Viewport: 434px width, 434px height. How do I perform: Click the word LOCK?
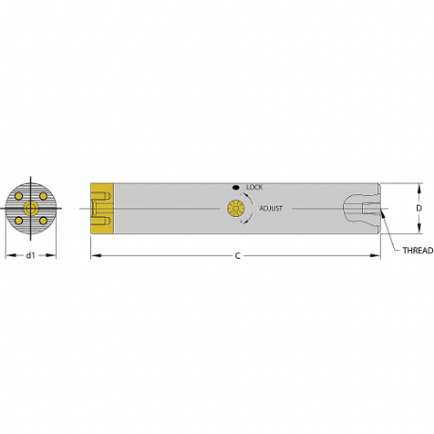[254, 187]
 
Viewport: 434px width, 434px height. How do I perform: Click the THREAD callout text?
[418, 250]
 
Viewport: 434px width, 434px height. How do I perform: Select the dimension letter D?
[418, 208]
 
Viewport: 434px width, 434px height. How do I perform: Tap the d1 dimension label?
[30, 256]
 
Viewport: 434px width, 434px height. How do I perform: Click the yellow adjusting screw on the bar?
[234, 208]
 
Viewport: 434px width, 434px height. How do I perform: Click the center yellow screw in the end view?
[31, 208]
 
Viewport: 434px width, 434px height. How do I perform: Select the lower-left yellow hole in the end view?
[20, 220]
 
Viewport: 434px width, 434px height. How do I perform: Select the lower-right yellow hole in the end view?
[43, 220]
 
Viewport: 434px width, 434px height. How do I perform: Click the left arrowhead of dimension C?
[94, 256]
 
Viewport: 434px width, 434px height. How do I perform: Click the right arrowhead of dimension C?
[376, 256]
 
